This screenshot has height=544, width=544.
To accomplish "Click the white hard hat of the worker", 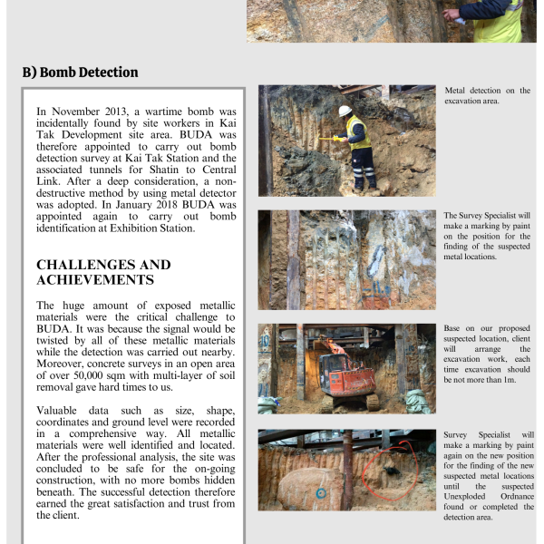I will [345, 111].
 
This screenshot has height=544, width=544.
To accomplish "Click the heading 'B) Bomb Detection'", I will [81, 72].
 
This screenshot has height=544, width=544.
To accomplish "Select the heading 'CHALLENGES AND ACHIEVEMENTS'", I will [103, 272].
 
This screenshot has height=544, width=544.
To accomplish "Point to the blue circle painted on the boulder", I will [320, 493].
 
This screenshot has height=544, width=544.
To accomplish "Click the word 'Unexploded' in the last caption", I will [467, 495].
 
